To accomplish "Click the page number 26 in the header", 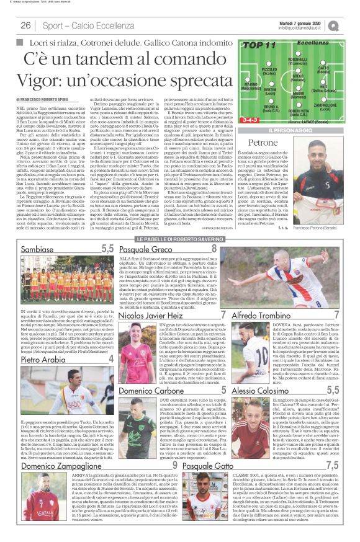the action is click(x=26, y=25).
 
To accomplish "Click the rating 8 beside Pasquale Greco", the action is click(x=214, y=248).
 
